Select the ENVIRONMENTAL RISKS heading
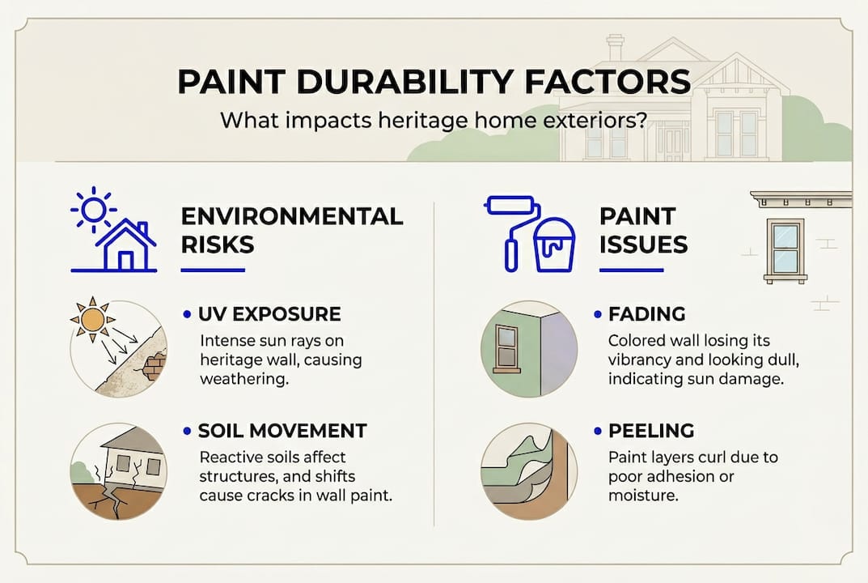coord(291,229)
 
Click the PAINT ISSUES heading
coord(643,229)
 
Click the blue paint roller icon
coord(512,227)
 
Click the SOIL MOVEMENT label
coord(283,431)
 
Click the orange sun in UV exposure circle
coord(92,319)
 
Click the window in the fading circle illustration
coord(507,347)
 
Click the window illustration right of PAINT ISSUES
coord(785,249)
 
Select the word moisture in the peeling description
coord(642,496)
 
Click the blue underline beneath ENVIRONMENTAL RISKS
coord(213,270)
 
